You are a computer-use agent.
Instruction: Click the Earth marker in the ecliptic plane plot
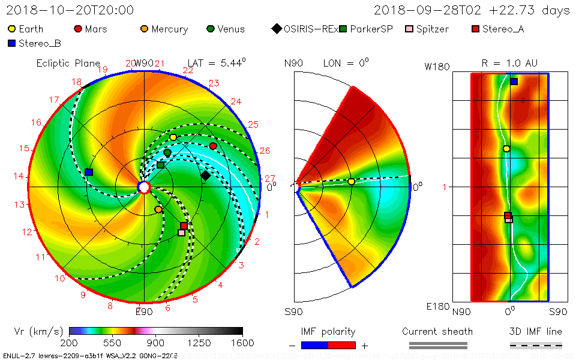pos(173,137)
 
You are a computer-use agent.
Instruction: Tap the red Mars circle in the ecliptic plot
pos(213,146)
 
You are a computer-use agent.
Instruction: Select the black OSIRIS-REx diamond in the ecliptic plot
pos(205,175)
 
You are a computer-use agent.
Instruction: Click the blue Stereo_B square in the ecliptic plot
pos(89,172)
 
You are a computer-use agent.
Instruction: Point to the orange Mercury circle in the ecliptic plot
pos(158,209)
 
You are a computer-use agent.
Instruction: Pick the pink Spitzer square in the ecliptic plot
pos(181,233)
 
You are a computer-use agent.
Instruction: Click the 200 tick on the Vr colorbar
pos(70,343)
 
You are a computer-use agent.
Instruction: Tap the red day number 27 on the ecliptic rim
pos(270,178)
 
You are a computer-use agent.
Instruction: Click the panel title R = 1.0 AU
pos(509,63)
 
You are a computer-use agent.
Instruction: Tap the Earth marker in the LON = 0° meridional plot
pos(351,181)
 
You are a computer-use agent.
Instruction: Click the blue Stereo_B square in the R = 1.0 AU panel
pos(514,82)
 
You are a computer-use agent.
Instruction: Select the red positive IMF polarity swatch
pos(343,345)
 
